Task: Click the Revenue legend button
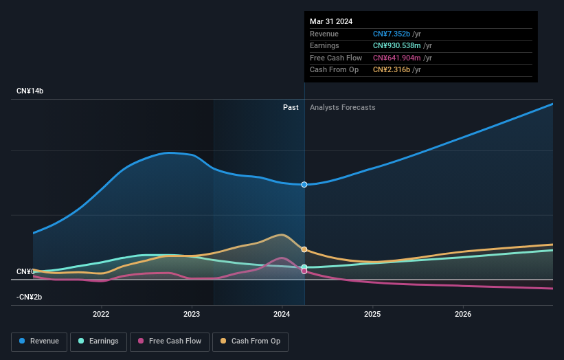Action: point(39,341)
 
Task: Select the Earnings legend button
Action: point(98,341)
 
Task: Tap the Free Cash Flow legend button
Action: point(169,341)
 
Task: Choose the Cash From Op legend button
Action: point(250,341)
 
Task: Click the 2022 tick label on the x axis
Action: point(101,315)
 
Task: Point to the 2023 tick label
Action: point(192,315)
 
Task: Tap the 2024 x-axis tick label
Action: point(282,315)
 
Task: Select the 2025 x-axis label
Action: point(372,315)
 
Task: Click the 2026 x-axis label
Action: point(463,315)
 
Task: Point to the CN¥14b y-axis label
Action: point(30,91)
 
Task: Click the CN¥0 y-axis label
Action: point(26,272)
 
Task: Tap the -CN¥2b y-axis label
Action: point(30,297)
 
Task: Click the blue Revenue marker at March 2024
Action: point(304,184)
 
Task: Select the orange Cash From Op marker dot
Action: point(304,249)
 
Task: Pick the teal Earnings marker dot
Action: point(304,267)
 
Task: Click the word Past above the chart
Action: point(291,107)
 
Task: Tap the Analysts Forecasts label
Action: point(343,107)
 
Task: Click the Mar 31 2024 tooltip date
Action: point(331,21)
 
